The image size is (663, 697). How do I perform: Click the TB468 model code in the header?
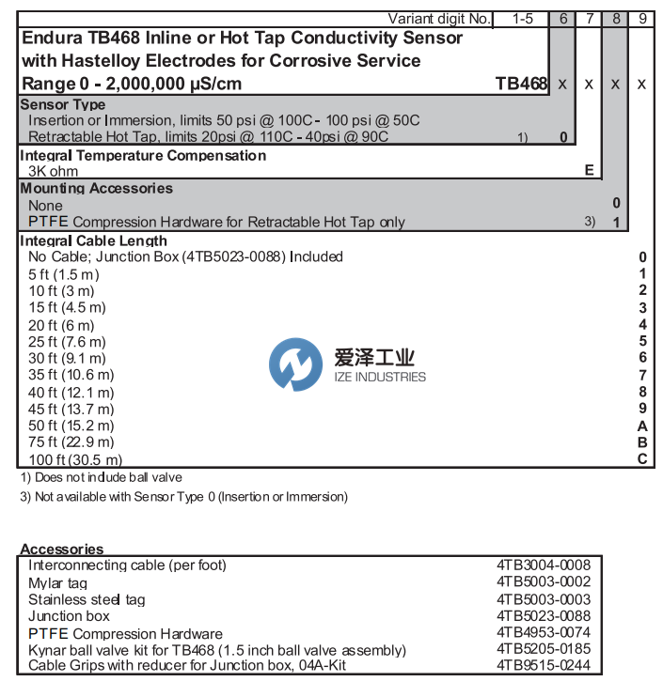pyautogui.click(x=521, y=84)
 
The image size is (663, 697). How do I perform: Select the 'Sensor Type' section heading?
pyautogui.click(x=63, y=105)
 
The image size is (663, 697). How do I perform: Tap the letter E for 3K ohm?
pyautogui.click(x=589, y=170)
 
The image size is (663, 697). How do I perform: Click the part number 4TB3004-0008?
pyautogui.click(x=544, y=565)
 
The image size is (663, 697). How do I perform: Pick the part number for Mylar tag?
pyautogui.click(x=544, y=582)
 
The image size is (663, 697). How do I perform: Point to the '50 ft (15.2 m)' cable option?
pyautogui.click(x=69, y=426)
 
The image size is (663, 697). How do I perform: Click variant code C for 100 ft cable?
pyautogui.click(x=642, y=459)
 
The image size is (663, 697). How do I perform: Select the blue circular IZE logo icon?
pyautogui.click(x=294, y=365)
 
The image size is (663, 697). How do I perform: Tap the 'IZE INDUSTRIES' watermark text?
pyautogui.click(x=380, y=378)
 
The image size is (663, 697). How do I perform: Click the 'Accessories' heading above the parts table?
pyautogui.click(x=62, y=550)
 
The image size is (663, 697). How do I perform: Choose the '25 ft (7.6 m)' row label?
pyautogui.click(x=67, y=341)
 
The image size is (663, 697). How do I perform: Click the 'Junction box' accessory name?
pyautogui.click(x=69, y=616)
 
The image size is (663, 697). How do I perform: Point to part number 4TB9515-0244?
pyautogui.click(x=544, y=667)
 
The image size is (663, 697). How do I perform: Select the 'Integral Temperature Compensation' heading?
pyautogui.click(x=143, y=155)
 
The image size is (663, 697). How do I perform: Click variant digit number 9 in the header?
pyautogui.click(x=642, y=18)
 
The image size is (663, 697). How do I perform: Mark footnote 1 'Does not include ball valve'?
pyautogui.click(x=101, y=477)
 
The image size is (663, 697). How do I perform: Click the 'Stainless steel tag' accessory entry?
pyautogui.click(x=87, y=599)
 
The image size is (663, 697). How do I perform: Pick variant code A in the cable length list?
pyautogui.click(x=642, y=426)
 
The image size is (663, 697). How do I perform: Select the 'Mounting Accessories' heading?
pyautogui.click(x=97, y=188)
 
